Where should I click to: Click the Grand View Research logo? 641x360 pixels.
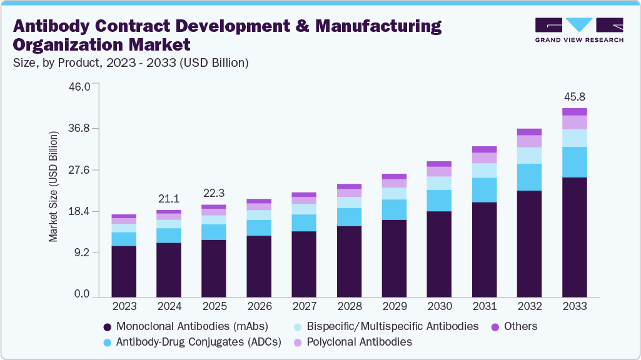579,29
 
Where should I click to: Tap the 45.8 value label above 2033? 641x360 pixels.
574,97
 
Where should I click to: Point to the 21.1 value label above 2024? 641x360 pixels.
169,199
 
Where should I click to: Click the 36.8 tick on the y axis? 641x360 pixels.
78,128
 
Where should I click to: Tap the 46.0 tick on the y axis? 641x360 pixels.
78,86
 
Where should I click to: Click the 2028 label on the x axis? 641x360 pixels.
349,306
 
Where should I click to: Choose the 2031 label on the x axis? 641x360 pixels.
484,306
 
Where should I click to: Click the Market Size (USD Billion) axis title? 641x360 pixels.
54,187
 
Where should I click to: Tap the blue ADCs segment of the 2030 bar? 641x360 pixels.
439,201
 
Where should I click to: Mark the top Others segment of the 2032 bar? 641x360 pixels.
529,132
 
